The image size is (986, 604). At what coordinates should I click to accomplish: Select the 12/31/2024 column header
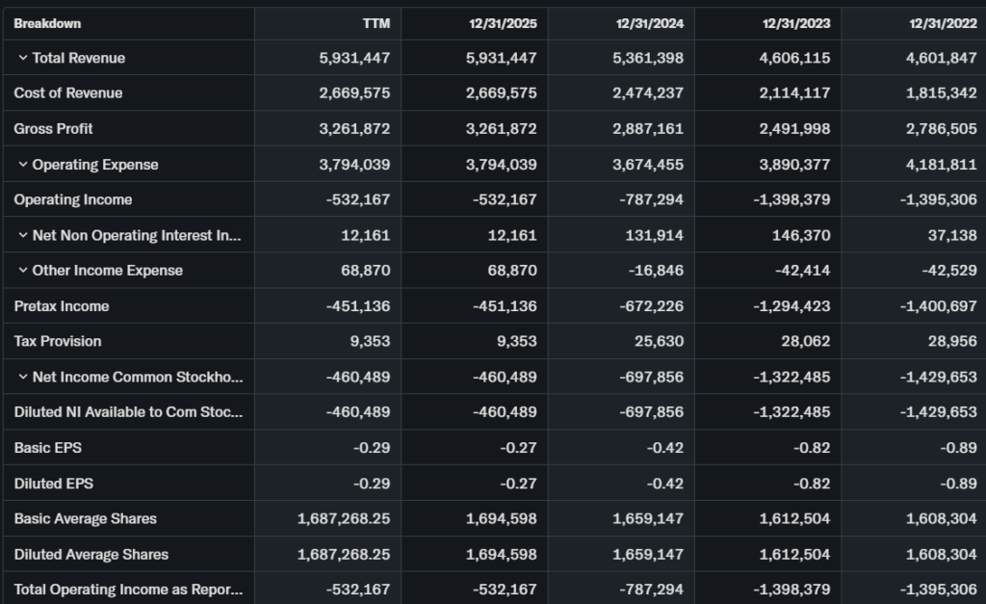(x=650, y=23)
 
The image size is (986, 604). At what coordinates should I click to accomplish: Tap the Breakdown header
(x=47, y=23)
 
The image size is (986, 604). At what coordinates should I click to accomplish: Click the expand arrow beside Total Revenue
(x=22, y=58)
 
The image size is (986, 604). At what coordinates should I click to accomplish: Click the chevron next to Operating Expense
(x=22, y=165)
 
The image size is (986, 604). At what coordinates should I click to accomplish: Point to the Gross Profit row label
(x=53, y=129)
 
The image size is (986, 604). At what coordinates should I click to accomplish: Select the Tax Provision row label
(x=57, y=341)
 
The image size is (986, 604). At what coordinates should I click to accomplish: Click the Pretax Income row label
(x=61, y=306)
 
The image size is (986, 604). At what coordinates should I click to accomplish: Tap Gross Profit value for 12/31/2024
(x=648, y=129)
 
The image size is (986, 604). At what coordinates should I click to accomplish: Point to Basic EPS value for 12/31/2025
(x=517, y=448)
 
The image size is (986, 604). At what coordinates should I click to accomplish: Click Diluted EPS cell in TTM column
(x=371, y=484)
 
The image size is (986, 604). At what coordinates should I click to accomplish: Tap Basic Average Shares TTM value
(x=344, y=518)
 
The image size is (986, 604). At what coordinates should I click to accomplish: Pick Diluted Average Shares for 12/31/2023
(x=792, y=554)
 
